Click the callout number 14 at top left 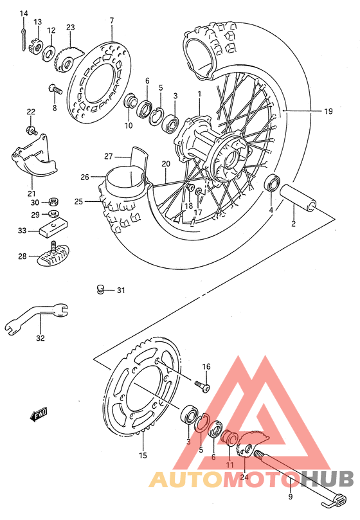(24, 13)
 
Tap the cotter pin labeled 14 (24, 37)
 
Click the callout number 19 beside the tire (328, 111)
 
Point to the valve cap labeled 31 (100, 291)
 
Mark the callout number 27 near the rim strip (107, 156)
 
